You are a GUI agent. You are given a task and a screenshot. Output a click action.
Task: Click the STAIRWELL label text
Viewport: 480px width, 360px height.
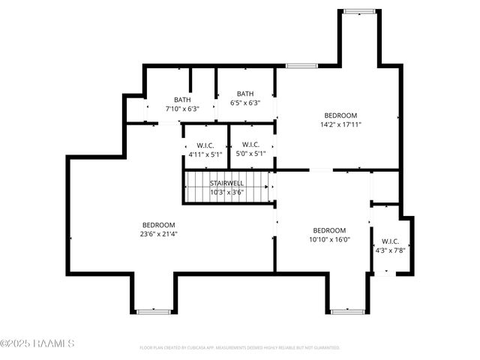pyautogui.click(x=226, y=183)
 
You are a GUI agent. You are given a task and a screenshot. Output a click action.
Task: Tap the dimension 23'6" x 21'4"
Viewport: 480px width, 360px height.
pyautogui.click(x=159, y=234)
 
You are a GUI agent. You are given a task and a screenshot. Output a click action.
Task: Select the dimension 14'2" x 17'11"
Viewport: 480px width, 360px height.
pyautogui.click(x=340, y=124)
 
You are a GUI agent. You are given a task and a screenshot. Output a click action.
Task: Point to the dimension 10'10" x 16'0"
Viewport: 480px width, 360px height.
pyautogui.click(x=329, y=239)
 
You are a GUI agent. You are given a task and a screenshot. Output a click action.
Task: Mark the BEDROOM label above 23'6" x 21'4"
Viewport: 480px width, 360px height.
pyautogui.click(x=159, y=225)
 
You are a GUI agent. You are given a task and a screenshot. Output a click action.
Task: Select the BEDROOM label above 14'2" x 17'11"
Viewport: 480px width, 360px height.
pyautogui.click(x=340, y=115)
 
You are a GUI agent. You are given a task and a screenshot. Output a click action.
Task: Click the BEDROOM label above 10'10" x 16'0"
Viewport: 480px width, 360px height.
pyautogui.click(x=329, y=230)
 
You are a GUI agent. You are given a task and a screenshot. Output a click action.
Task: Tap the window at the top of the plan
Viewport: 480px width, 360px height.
pyautogui.click(x=358, y=10)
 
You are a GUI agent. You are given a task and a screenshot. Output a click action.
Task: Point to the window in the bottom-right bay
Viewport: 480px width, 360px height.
pyautogui.click(x=347, y=310)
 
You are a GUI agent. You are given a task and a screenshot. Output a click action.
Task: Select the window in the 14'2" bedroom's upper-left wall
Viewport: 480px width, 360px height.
pyautogui.click(x=301, y=66)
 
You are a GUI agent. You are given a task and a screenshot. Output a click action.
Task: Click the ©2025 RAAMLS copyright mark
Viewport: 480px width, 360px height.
pyautogui.click(x=37, y=343)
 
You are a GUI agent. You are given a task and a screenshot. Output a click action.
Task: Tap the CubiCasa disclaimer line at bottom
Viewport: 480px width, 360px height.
pyautogui.click(x=240, y=348)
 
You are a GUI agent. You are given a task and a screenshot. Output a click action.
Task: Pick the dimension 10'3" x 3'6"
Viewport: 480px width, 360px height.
pyautogui.click(x=226, y=192)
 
